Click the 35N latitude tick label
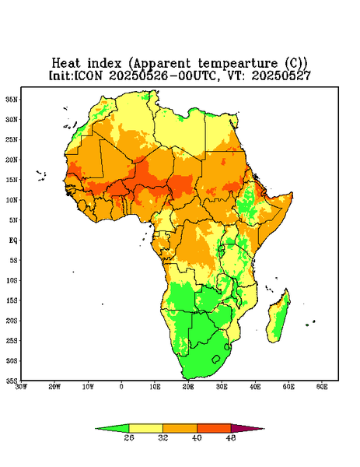[x=12, y=99]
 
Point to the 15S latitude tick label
[x=12, y=300]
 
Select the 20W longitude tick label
[x=54, y=387]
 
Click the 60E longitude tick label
[x=322, y=387]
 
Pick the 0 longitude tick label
[x=121, y=387]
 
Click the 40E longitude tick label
[x=255, y=387]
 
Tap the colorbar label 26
[x=129, y=437]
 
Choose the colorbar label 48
[x=231, y=437]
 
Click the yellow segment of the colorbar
[x=145, y=428]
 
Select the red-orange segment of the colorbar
[x=214, y=428]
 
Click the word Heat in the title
[x=66, y=63]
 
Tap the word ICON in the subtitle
[x=88, y=75]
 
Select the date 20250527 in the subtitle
[x=281, y=75]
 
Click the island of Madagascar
[x=280, y=318]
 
